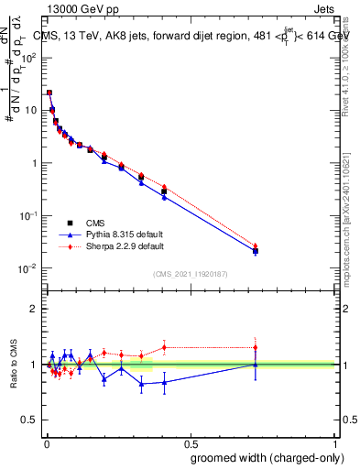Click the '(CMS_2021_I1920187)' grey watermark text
coord(191,273)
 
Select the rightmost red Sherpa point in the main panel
coord(256,246)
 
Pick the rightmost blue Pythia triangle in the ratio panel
coord(256,365)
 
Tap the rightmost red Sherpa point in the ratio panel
coord(256,347)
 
